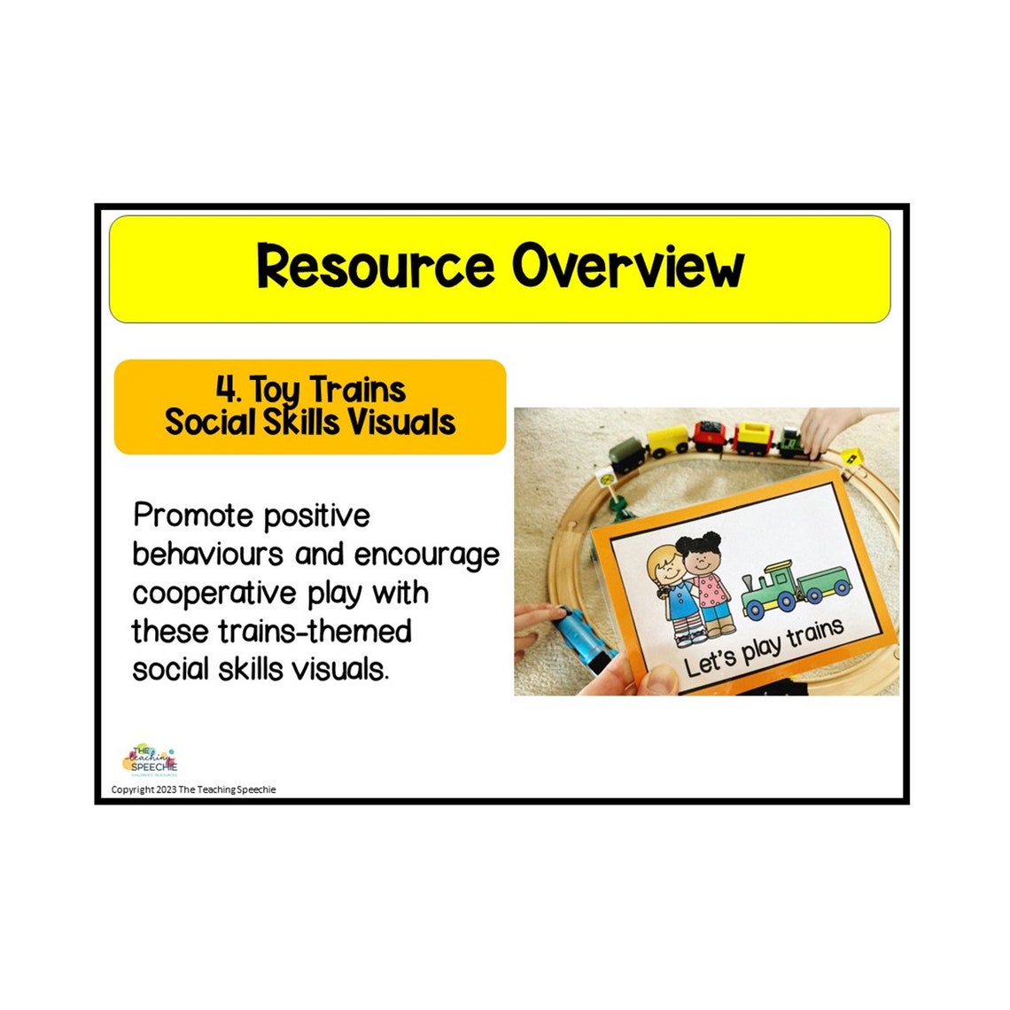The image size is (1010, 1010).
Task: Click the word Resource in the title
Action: pos(375,267)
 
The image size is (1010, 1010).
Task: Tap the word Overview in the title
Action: pos(628,267)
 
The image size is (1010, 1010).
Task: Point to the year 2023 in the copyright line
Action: pos(167,789)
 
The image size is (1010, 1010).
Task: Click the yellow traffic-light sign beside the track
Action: pos(851,457)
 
